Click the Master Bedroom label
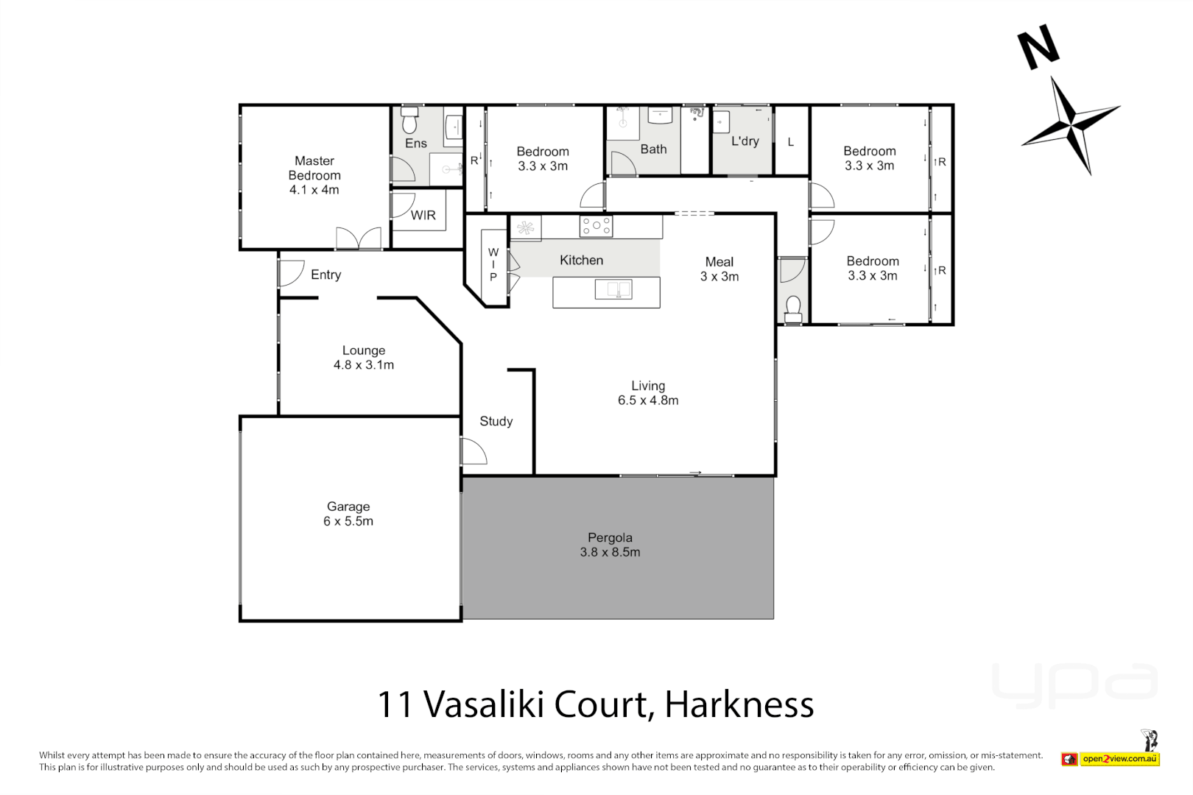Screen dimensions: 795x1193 (x=314, y=175)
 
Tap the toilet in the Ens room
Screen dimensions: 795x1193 (x=409, y=120)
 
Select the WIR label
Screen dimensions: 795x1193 (x=423, y=215)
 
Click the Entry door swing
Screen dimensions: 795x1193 (x=289, y=274)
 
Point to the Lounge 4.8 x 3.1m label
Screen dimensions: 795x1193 (x=364, y=358)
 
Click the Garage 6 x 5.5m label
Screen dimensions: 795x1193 (x=348, y=514)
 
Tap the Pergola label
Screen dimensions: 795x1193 (x=610, y=545)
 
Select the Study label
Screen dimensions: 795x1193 (x=496, y=421)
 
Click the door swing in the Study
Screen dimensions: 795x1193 (x=472, y=451)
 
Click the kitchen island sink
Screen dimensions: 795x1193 (x=613, y=289)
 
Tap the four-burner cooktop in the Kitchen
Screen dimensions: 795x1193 (x=596, y=226)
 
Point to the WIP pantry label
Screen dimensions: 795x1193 (x=493, y=265)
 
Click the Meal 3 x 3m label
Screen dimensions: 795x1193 (x=719, y=269)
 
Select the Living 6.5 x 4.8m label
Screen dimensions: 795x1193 (x=648, y=393)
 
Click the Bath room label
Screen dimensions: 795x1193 (x=653, y=149)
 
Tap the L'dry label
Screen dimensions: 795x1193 (x=745, y=141)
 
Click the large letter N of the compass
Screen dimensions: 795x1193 (x=1038, y=48)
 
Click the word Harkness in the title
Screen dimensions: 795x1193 (x=739, y=704)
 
